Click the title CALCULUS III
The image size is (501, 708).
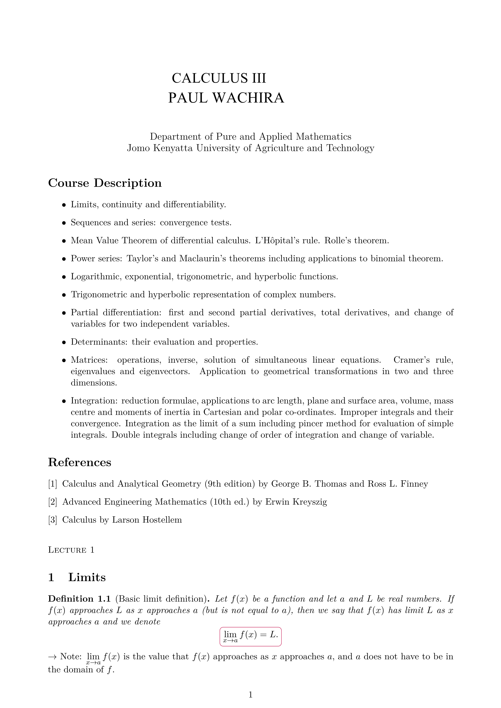tap(219, 78)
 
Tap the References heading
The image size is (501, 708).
tap(80, 462)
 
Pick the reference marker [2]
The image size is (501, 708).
tap(53, 502)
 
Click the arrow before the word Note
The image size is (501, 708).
tap(53, 657)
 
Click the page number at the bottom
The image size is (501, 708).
tap(250, 694)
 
